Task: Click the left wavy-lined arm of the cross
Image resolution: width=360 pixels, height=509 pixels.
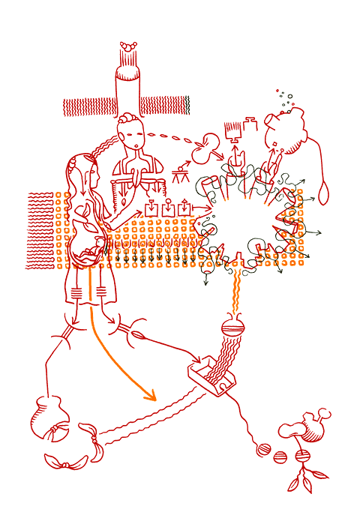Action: click(x=88, y=106)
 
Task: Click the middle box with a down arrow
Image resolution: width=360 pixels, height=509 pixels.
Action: click(x=168, y=206)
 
